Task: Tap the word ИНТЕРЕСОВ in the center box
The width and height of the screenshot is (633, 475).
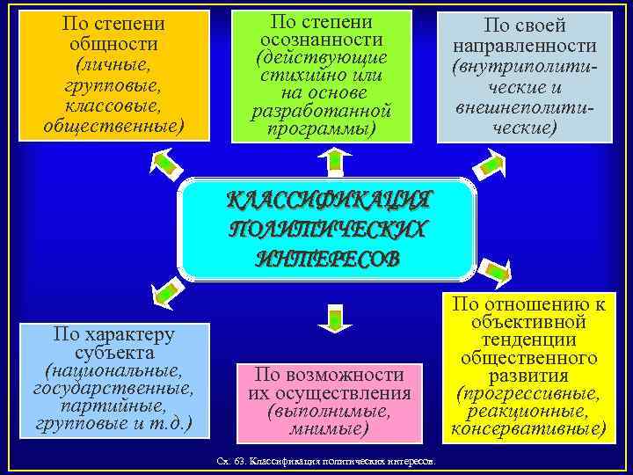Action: click(329, 258)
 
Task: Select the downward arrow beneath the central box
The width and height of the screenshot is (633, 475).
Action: click(334, 317)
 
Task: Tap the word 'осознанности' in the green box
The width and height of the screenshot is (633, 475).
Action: click(321, 40)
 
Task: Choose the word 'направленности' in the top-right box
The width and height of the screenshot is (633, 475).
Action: click(524, 46)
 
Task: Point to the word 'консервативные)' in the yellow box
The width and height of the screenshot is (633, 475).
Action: click(527, 429)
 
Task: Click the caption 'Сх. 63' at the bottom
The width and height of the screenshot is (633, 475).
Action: click(230, 462)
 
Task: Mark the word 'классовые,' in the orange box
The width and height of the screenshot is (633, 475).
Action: click(114, 106)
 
